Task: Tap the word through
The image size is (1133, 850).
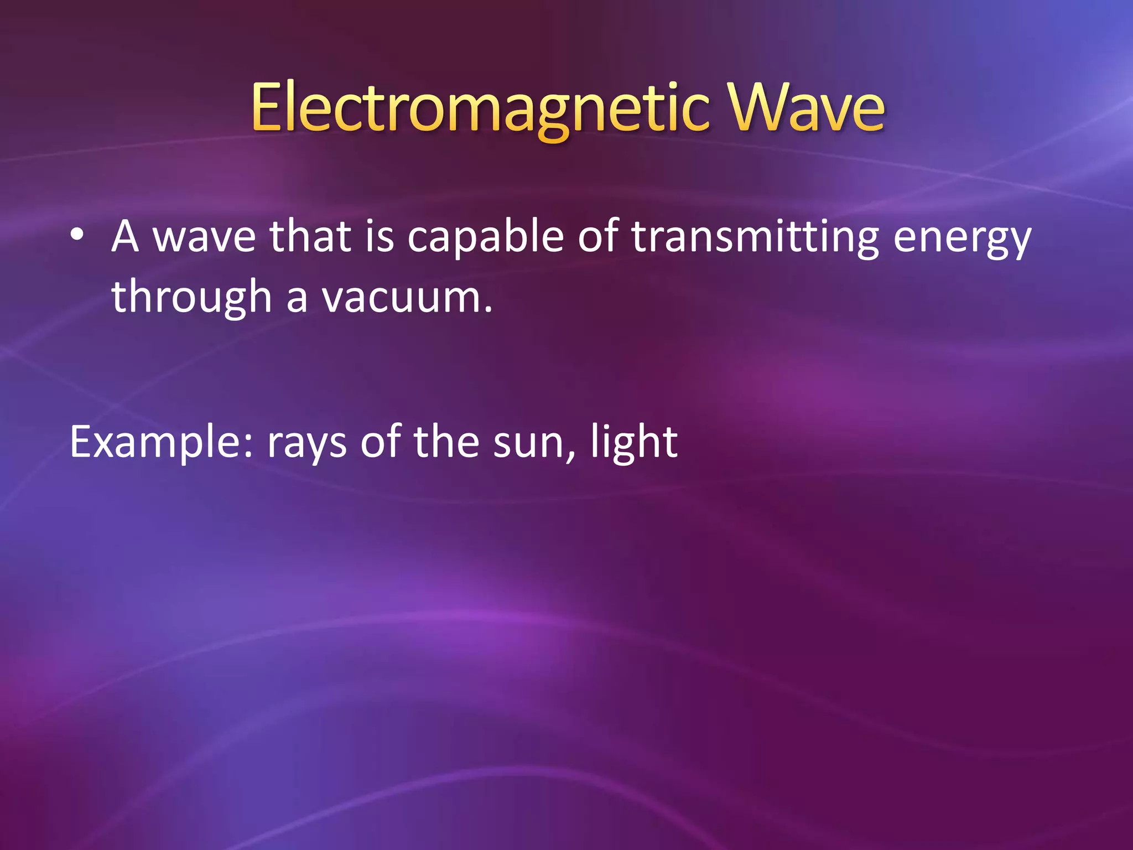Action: click(x=191, y=298)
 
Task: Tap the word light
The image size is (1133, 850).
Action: click(x=634, y=443)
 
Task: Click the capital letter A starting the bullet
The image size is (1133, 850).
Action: click(x=125, y=236)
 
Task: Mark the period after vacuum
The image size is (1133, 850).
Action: click(x=487, y=310)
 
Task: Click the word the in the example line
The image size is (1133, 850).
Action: click(x=446, y=443)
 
